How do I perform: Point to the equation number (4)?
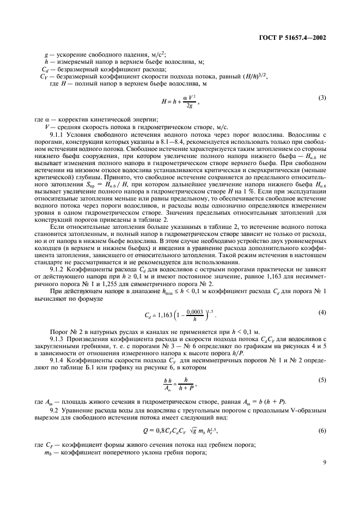tap(321, 312)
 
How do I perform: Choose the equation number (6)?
tap(321, 431)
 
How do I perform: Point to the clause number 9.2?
tap(54, 410)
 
